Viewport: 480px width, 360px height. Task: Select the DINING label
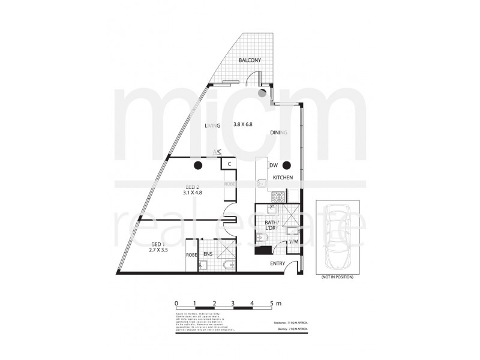(280, 132)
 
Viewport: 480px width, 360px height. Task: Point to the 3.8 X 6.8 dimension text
(246, 126)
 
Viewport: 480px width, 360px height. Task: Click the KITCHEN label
(283, 178)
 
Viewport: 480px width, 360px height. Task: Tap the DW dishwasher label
(273, 165)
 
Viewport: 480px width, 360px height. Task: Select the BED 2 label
(192, 187)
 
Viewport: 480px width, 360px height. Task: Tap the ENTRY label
(278, 263)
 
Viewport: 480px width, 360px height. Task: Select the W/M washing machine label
(294, 242)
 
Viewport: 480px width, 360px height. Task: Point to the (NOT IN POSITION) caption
(337, 277)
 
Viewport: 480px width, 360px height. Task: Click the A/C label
(217, 152)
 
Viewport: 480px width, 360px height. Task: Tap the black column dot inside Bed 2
(197, 165)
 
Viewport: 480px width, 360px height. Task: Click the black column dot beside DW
(287, 165)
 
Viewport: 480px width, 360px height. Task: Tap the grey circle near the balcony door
(262, 94)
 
